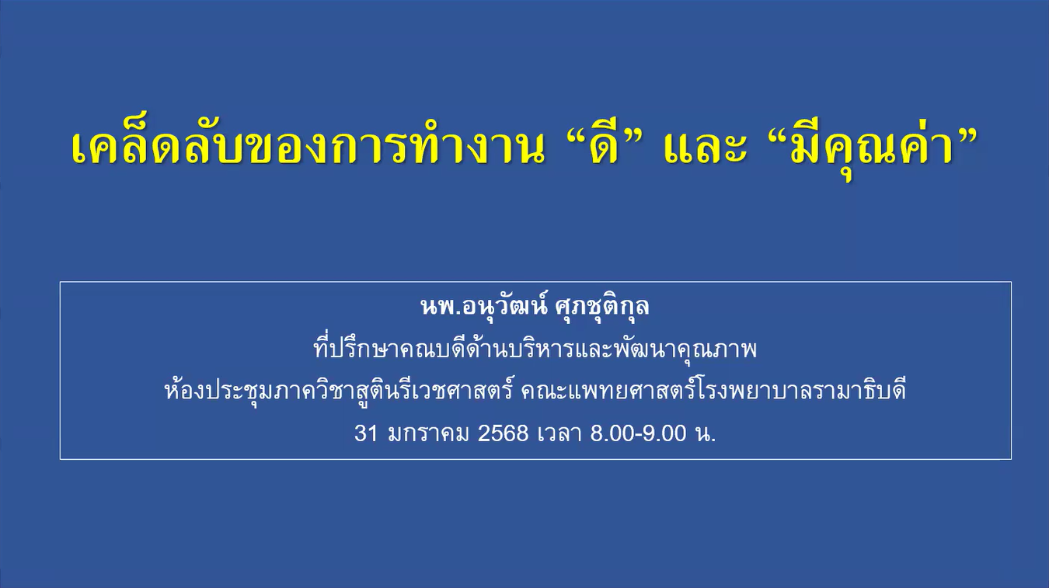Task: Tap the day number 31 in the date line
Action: [x=366, y=433]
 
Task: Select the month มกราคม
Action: [x=428, y=433]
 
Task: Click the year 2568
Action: [x=503, y=433]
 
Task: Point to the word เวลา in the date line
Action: [x=559, y=433]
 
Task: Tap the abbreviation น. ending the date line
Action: [x=706, y=433]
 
